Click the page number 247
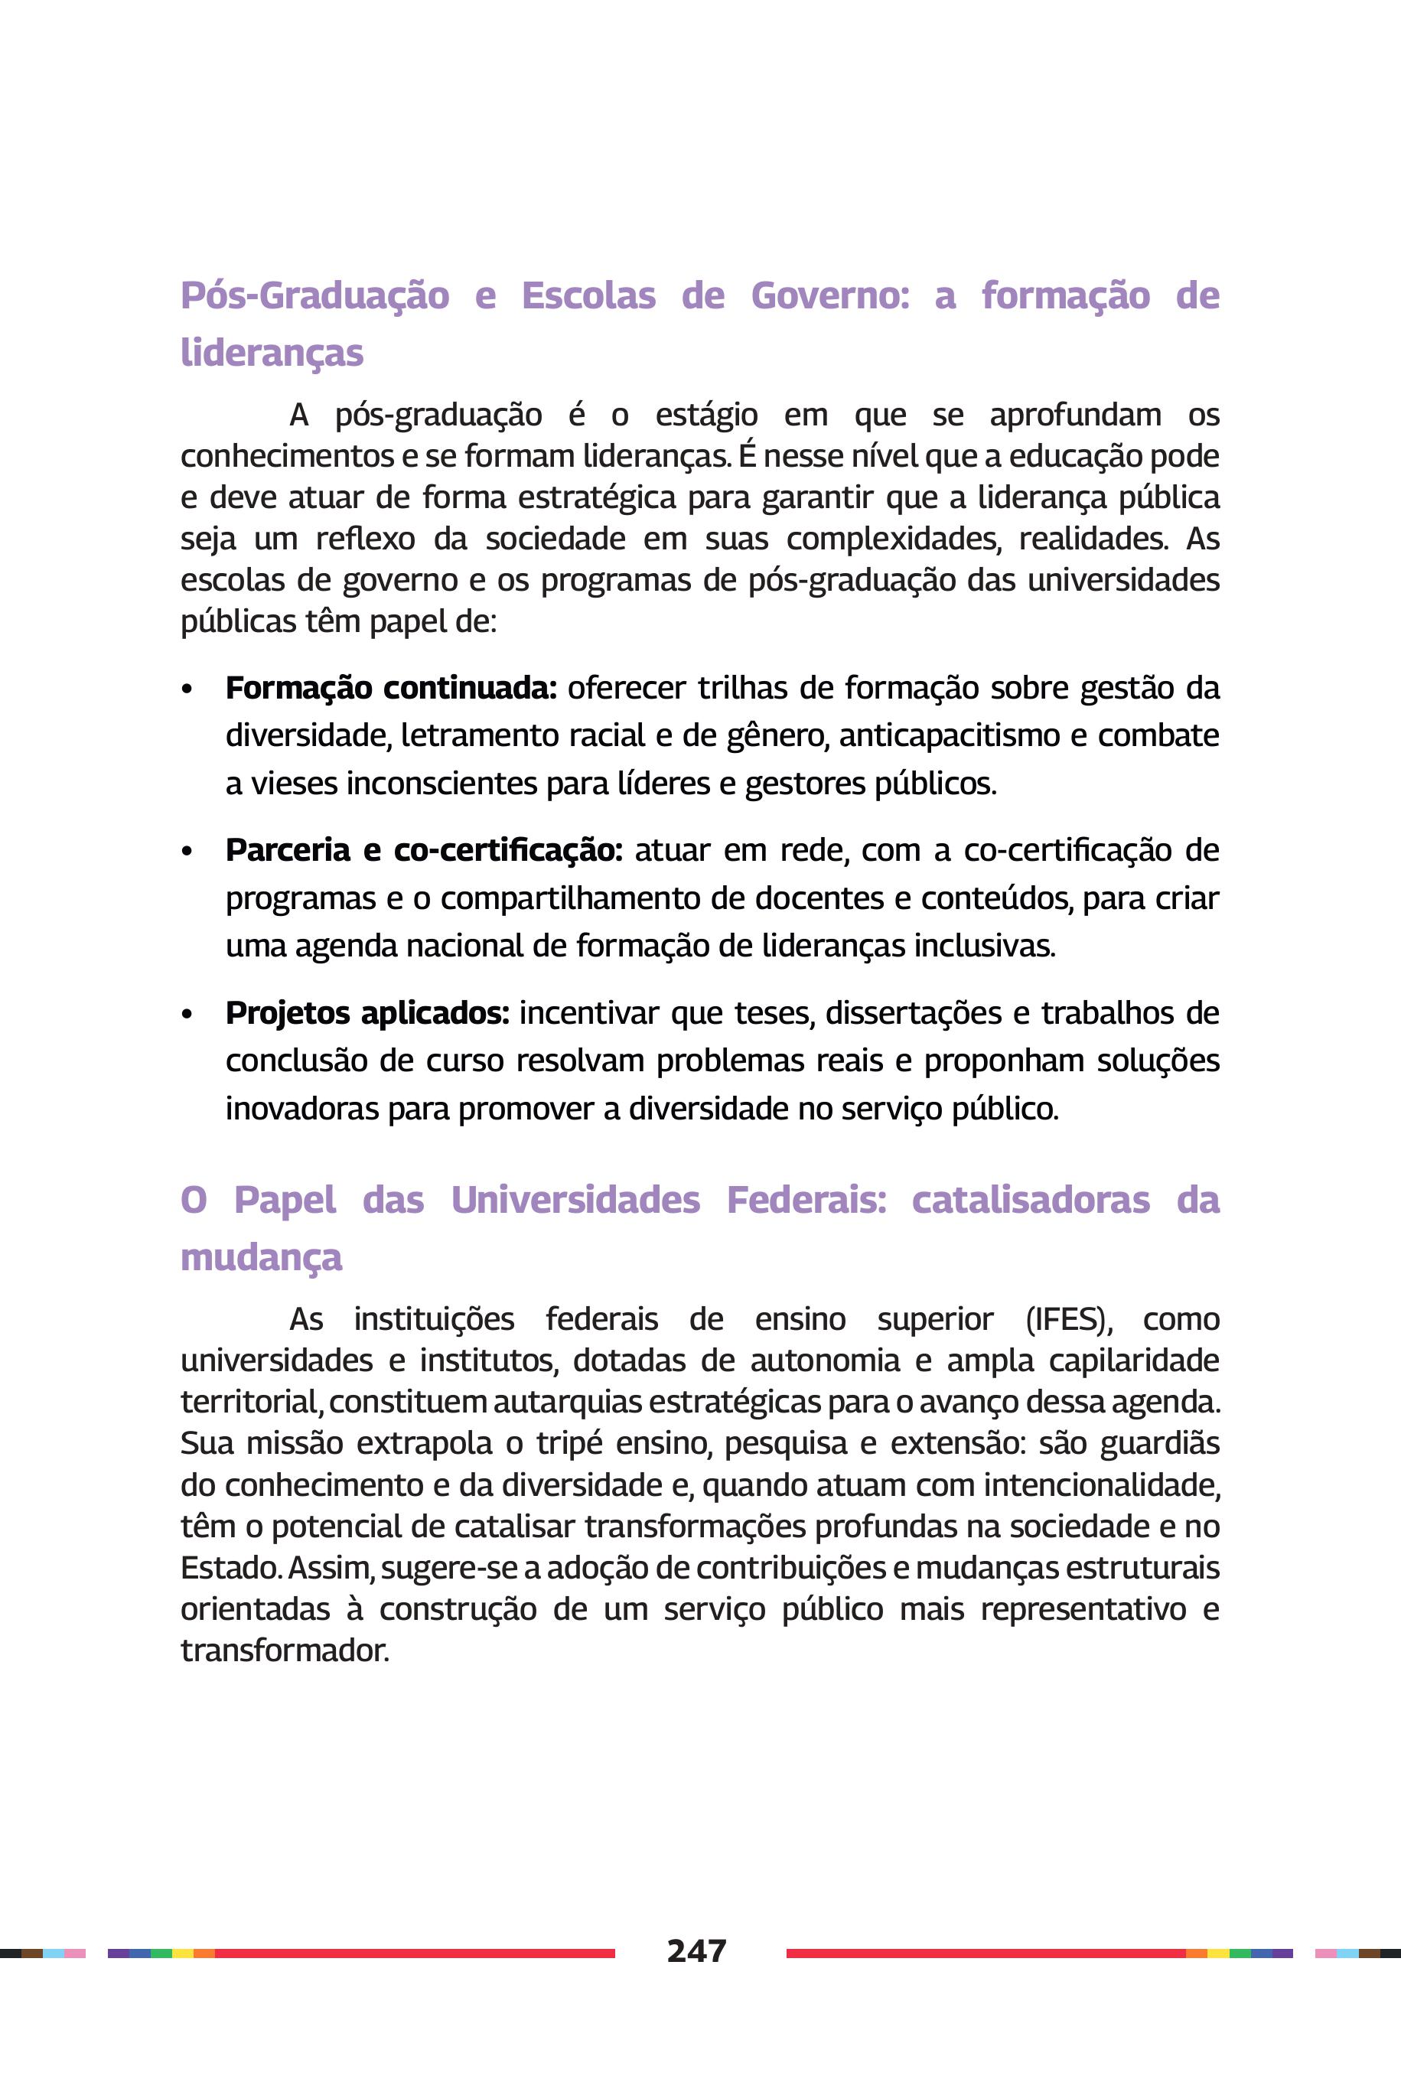(696, 1950)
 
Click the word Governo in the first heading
(829, 295)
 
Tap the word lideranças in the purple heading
(272, 353)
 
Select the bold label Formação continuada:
(390, 688)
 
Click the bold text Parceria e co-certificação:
(424, 849)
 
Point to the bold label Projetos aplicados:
(367, 1013)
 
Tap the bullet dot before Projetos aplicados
(187, 1015)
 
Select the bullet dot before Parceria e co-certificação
(187, 852)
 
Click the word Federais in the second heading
(806, 1200)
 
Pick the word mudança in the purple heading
(261, 1257)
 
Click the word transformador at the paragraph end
(285, 1650)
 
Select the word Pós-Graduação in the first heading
(314, 295)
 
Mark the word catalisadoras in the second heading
(1030, 1200)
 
